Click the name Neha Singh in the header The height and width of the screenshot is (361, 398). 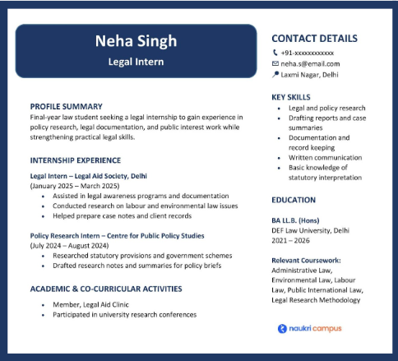(x=136, y=42)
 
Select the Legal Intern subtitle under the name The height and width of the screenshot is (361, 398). (x=136, y=62)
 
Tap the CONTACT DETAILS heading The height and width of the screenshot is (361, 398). (x=314, y=38)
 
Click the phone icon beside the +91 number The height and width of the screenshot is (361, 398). (x=275, y=53)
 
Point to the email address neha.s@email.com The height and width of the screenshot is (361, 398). (x=310, y=63)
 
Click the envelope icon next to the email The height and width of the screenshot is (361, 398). (x=275, y=63)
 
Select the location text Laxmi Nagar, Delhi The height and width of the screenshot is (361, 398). (x=309, y=74)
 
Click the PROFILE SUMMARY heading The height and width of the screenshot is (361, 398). (x=66, y=106)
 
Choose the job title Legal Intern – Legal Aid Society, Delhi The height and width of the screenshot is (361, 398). (x=88, y=175)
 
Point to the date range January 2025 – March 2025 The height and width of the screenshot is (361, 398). (x=75, y=186)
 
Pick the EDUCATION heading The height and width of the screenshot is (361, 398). (x=294, y=200)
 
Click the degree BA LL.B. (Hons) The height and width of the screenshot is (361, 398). (x=298, y=220)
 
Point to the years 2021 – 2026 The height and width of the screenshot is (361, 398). (x=292, y=241)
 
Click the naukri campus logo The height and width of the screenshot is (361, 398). (x=309, y=328)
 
